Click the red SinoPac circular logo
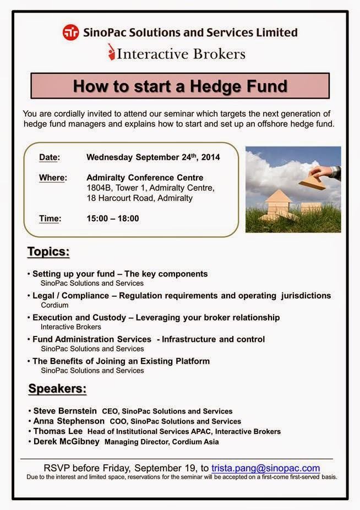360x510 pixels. (71, 32)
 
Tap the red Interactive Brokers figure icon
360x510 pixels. (112, 52)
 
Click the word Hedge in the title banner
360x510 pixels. (216, 86)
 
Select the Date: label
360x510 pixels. (50, 157)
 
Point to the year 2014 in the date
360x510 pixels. (210, 157)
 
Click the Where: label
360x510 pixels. (53, 177)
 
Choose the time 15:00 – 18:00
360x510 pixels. (112, 218)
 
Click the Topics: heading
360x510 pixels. (48, 252)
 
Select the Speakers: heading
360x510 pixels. (57, 388)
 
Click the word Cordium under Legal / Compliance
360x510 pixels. (54, 305)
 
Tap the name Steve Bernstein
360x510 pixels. (65, 411)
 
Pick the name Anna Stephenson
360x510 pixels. (69, 421)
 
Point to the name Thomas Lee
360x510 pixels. (58, 431)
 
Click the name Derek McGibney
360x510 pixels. (67, 441)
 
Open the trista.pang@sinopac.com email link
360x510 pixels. (266, 468)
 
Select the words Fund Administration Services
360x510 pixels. (92, 339)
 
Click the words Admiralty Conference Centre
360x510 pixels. (145, 177)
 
